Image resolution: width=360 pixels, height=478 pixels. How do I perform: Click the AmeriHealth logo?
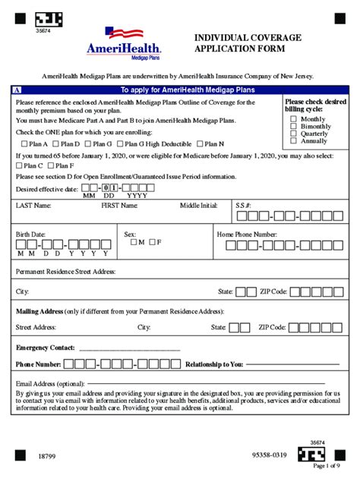click(x=125, y=42)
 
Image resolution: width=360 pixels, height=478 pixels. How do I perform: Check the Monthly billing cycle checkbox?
click(x=294, y=119)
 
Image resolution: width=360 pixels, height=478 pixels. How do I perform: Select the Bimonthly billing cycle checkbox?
click(x=294, y=126)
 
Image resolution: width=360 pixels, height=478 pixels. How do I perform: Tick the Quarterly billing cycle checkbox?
click(x=294, y=134)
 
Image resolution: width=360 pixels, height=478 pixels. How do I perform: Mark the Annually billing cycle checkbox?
click(x=294, y=140)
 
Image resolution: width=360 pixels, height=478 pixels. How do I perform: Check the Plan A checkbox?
click(x=25, y=144)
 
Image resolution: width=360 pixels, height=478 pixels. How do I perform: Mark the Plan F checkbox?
click(x=52, y=165)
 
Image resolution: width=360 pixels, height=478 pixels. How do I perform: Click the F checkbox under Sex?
click(x=151, y=243)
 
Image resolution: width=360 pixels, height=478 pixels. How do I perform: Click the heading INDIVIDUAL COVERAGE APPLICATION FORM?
click(x=248, y=43)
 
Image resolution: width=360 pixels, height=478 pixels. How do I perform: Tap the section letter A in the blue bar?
click(x=17, y=90)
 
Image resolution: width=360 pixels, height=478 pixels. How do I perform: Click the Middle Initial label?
click(x=199, y=206)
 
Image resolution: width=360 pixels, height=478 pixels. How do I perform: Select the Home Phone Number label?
click(x=247, y=234)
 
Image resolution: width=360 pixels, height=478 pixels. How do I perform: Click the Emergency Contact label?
click(x=45, y=347)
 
